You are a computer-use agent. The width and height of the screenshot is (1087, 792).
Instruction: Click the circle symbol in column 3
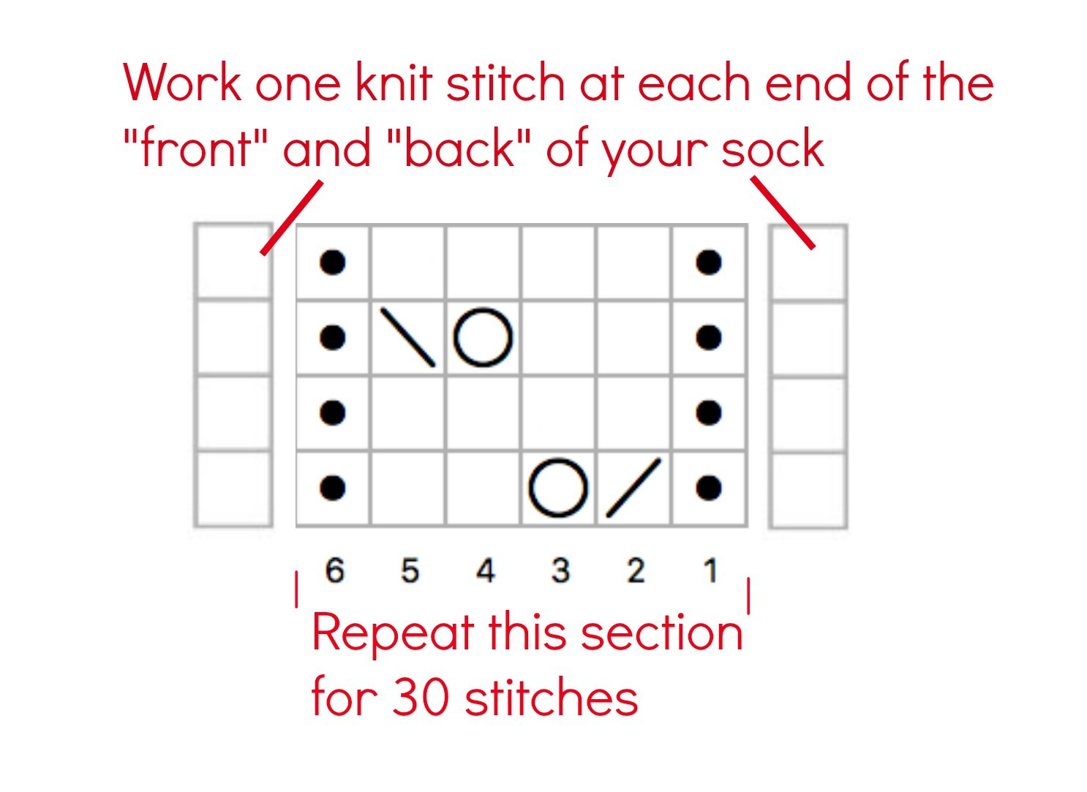(x=530, y=488)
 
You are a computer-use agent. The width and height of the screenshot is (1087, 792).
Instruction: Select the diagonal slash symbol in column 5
(x=407, y=337)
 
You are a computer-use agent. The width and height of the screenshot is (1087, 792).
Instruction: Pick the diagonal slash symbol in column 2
(x=633, y=488)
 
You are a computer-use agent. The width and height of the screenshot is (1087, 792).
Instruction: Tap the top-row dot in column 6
(x=332, y=263)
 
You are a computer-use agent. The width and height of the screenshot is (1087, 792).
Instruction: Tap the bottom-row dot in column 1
(x=709, y=488)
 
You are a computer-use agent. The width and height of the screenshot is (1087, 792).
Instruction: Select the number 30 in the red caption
(x=420, y=698)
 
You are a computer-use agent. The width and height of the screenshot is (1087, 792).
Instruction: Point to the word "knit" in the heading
(x=394, y=83)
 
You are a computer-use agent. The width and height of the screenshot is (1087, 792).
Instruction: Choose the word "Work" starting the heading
(x=182, y=83)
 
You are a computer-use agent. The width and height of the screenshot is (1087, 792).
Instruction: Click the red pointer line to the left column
(x=292, y=218)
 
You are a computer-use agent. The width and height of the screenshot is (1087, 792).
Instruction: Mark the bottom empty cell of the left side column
(x=233, y=489)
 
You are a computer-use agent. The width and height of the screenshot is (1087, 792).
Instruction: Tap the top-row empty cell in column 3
(x=558, y=263)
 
